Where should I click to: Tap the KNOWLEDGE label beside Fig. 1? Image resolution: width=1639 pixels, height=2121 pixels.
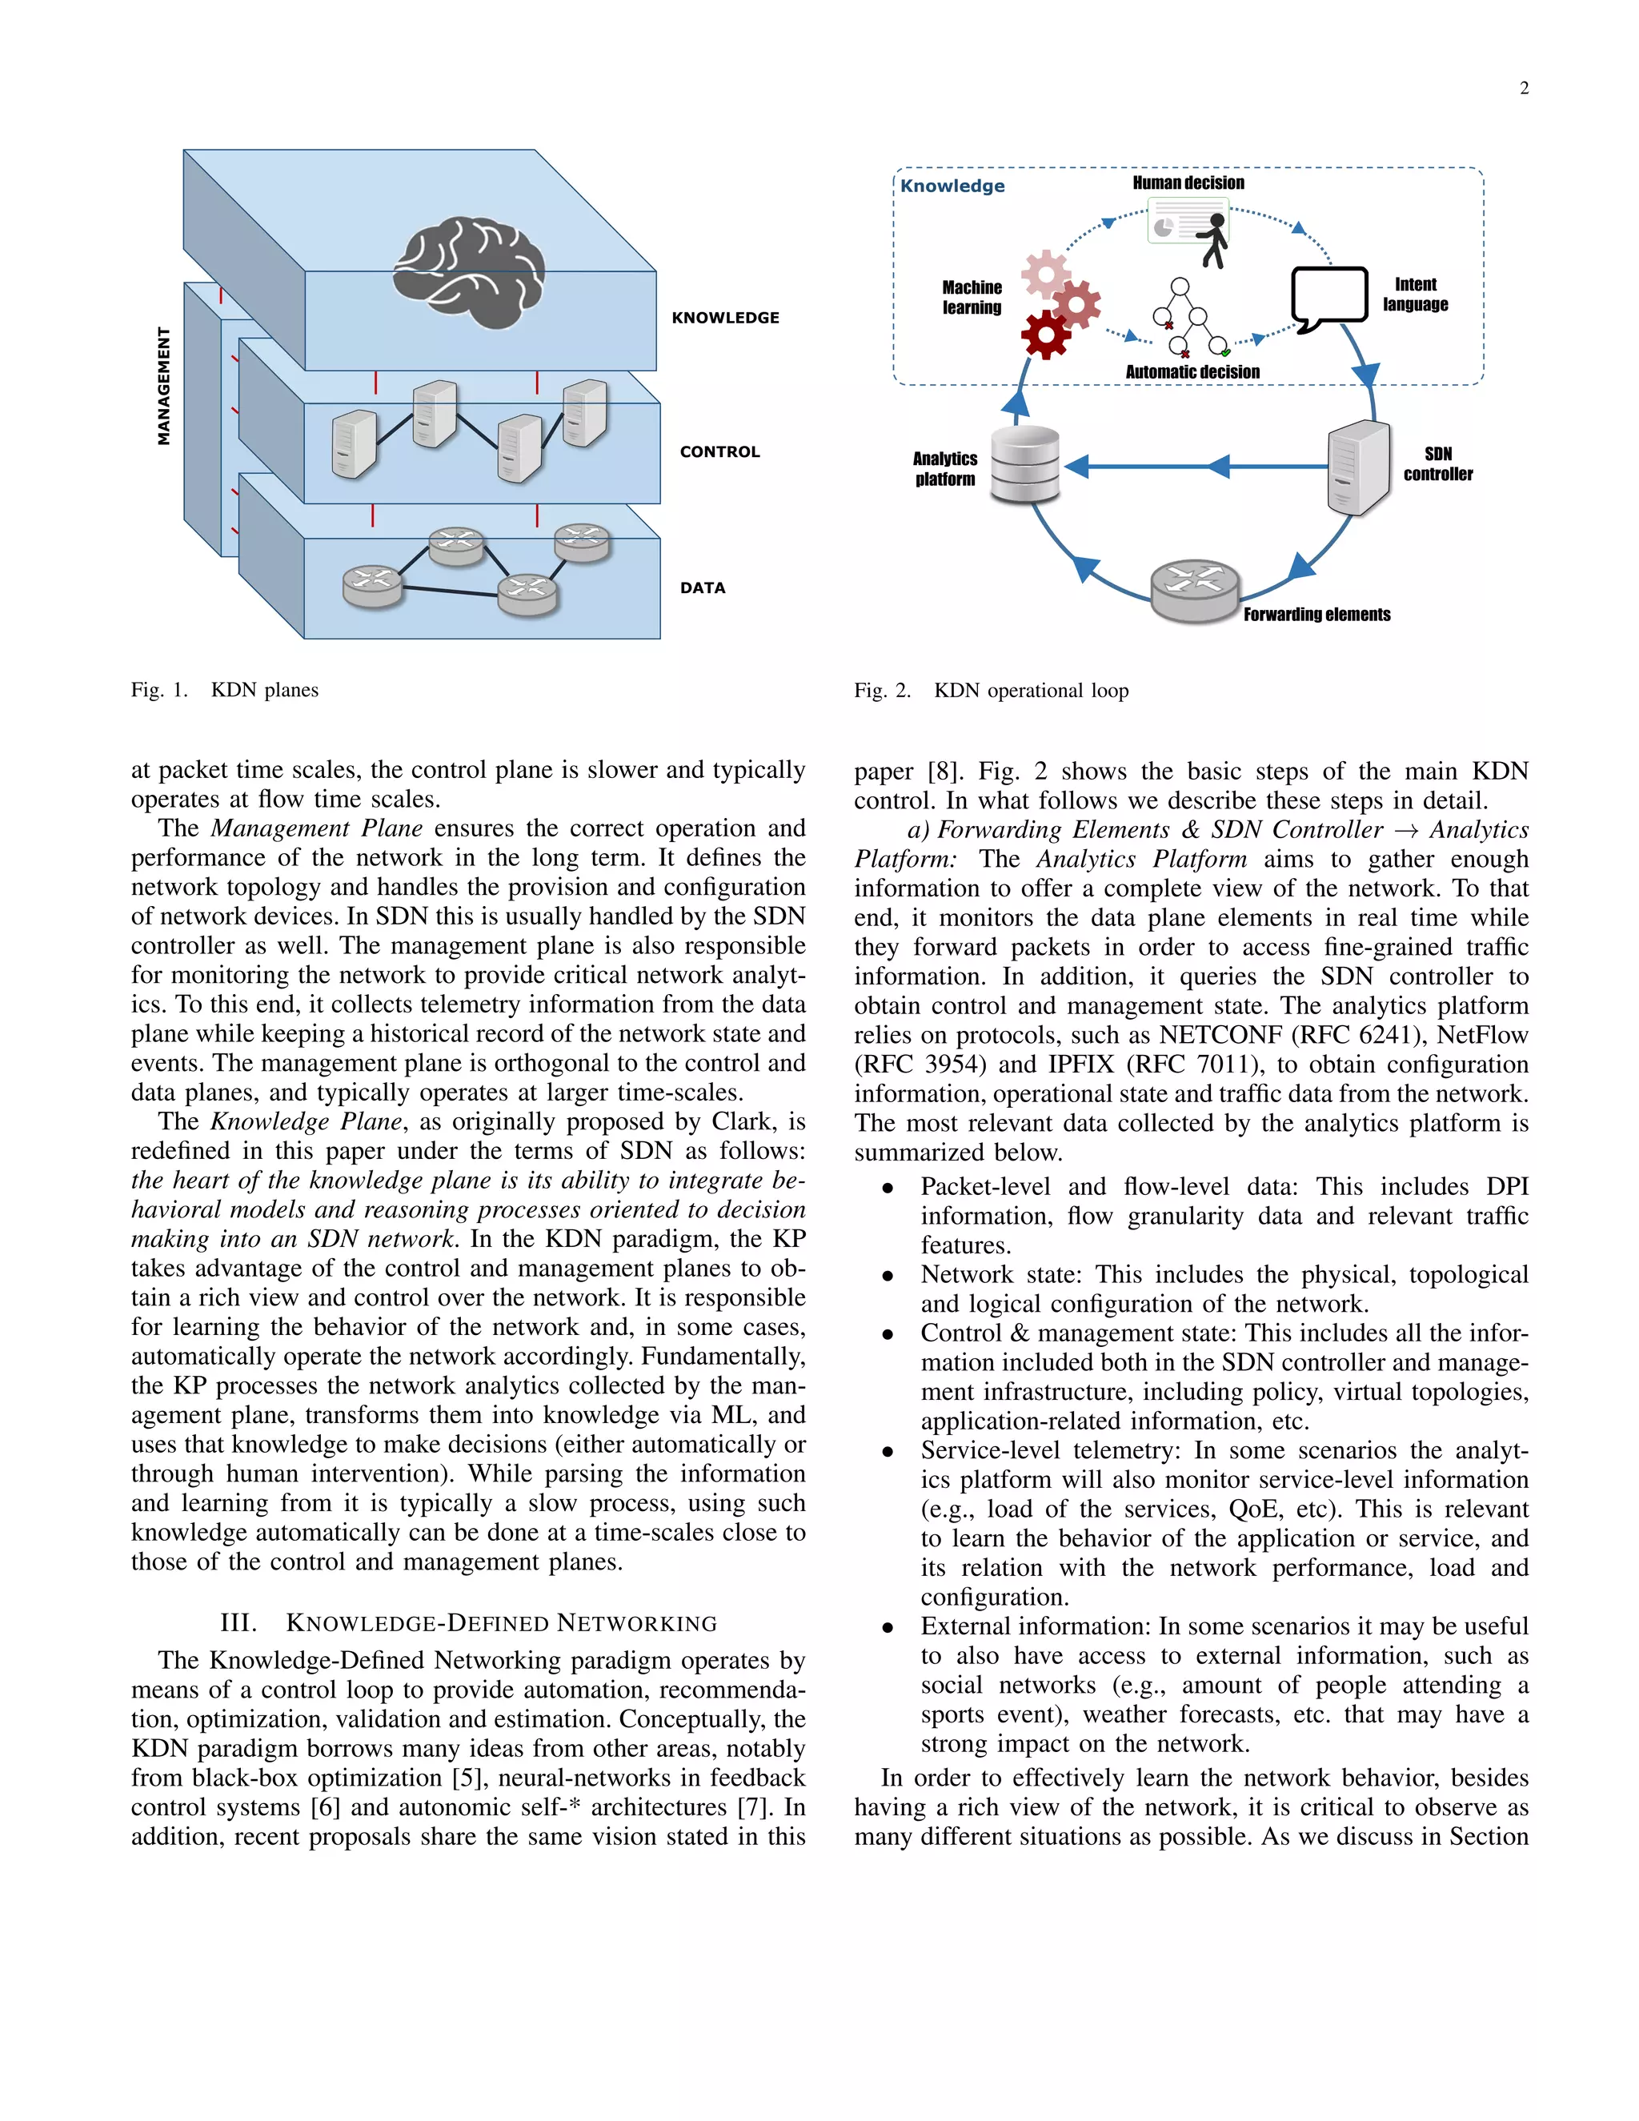(x=725, y=318)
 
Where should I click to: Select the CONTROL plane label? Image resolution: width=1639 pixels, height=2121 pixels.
(x=719, y=451)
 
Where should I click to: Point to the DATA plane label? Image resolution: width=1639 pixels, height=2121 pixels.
(x=702, y=587)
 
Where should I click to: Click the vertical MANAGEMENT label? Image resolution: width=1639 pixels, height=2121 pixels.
(x=163, y=386)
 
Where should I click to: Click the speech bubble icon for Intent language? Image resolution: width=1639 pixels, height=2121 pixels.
(x=1328, y=299)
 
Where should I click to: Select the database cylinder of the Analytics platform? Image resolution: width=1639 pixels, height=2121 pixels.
(x=1024, y=464)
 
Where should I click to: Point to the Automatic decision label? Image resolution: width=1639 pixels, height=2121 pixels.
(x=1192, y=372)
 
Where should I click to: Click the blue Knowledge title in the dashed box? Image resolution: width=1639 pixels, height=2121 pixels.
(x=952, y=186)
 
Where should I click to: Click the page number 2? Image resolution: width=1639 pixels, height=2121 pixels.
(x=1524, y=88)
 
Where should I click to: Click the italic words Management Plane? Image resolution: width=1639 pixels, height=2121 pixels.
(x=317, y=828)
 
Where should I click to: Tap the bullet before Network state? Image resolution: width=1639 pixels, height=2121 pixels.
(x=888, y=1276)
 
